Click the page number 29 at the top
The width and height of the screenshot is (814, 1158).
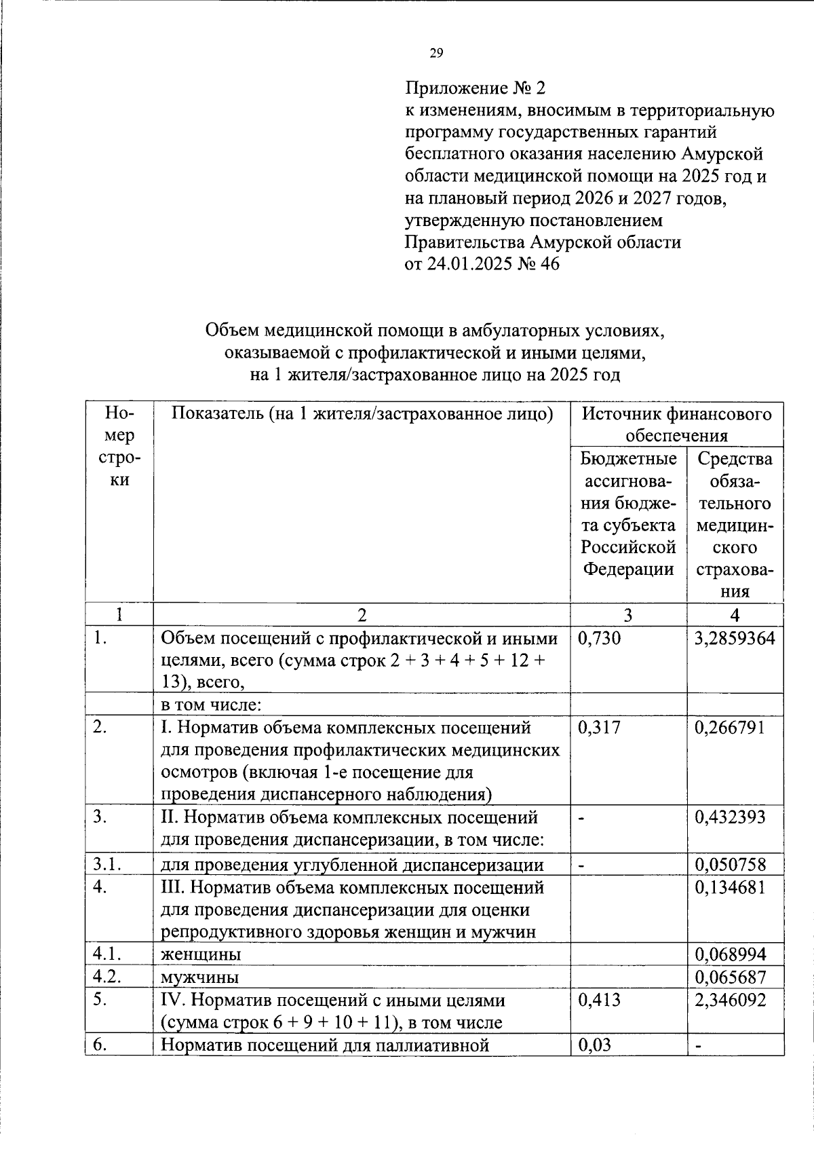[436, 54]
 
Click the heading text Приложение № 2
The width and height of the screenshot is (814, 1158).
[475, 88]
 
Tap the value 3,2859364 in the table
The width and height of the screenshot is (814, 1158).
[735, 638]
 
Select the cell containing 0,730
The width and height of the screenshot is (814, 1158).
[599, 638]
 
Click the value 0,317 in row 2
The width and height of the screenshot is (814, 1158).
[599, 728]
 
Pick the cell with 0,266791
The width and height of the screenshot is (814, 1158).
[730, 728]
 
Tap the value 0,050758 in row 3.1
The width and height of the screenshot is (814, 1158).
[730, 865]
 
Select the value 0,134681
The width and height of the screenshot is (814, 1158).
[730, 887]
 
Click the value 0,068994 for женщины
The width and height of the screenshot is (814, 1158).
[730, 954]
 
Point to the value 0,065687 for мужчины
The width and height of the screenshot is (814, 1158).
[730, 977]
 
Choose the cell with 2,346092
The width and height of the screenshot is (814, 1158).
[730, 1000]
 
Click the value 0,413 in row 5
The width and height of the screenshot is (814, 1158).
[599, 1000]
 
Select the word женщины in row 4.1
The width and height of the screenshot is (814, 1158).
[201, 954]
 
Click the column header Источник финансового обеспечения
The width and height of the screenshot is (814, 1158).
[676, 424]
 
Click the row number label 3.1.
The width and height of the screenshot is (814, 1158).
[108, 865]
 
